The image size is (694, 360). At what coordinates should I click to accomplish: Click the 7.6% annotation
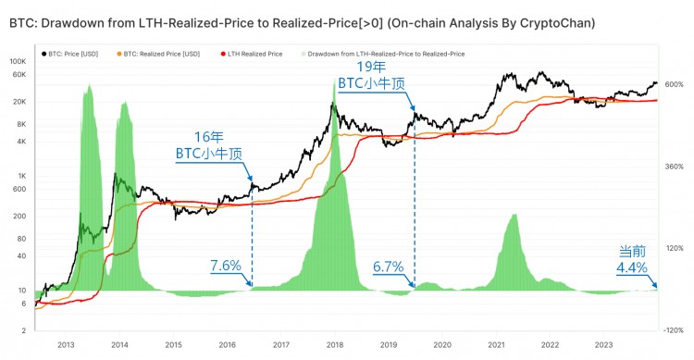tap(226, 267)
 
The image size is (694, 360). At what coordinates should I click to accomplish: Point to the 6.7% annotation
tap(389, 267)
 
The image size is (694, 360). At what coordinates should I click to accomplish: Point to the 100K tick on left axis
tap(19, 61)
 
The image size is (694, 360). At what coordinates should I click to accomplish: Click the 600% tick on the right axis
tap(674, 85)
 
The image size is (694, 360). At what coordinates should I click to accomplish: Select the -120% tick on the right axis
tap(673, 329)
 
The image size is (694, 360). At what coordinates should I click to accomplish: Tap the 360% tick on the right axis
tap(674, 167)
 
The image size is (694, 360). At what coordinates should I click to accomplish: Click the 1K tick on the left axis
tap(22, 175)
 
